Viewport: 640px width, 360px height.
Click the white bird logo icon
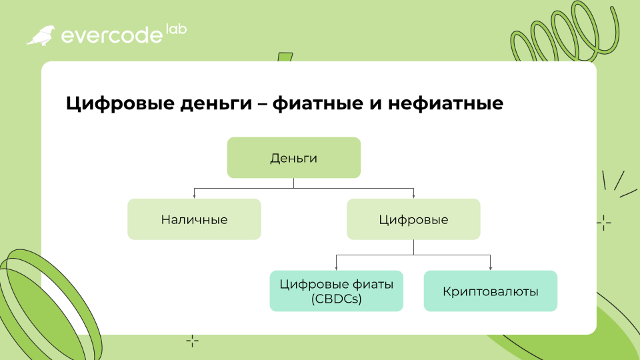pyautogui.click(x=41, y=35)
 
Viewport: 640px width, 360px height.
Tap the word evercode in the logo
pyautogui.click(x=112, y=35)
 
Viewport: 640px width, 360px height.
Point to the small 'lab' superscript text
pyautogui.click(x=176, y=29)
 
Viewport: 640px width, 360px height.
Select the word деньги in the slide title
pyautogui.click(x=216, y=104)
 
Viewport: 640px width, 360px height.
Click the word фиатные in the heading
pyautogui.click(x=319, y=103)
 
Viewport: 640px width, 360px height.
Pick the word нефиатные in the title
pyautogui.click(x=446, y=103)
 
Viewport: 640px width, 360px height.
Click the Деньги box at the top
pyautogui.click(x=294, y=157)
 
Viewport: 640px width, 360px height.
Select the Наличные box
pyautogui.click(x=194, y=219)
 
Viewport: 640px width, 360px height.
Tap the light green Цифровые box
pyautogui.click(x=413, y=219)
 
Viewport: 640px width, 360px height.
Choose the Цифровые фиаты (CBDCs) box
pyautogui.click(x=336, y=291)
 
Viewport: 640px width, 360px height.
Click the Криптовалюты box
pyautogui.click(x=491, y=291)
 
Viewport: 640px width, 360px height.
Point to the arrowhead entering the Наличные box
pyautogui.click(x=194, y=197)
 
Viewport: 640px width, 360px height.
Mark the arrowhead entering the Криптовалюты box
pyautogui.click(x=491, y=268)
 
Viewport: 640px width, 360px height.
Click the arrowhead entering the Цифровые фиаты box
pyautogui.click(x=336, y=268)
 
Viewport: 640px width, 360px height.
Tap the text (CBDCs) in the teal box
pyautogui.click(x=336, y=299)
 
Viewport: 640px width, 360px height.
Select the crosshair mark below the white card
pyautogui.click(x=192, y=341)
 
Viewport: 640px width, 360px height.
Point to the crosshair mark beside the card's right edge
pyautogui.click(x=604, y=223)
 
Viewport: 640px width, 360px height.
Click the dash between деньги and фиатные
pyautogui.click(x=262, y=105)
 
